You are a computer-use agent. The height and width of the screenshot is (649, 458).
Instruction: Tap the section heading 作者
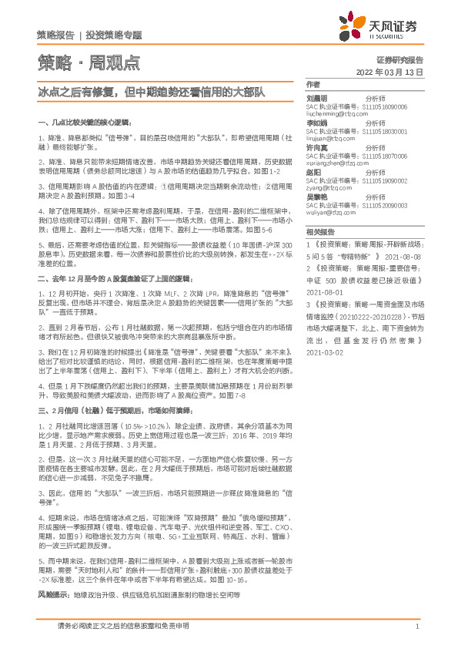tap(313, 84)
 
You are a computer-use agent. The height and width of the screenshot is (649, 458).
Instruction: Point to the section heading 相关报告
tap(318, 231)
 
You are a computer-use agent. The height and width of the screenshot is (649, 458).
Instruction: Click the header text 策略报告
tap(55, 35)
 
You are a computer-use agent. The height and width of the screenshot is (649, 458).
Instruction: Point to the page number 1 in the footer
tap(416, 627)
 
